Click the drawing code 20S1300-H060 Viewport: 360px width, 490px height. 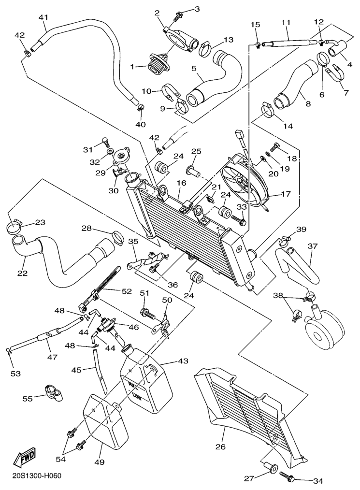37,476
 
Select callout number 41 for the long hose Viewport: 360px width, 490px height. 44,18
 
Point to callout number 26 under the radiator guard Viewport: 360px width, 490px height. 220,447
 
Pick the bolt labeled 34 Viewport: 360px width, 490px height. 287,477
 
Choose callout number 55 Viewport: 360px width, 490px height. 29,398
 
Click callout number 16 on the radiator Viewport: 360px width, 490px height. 181,184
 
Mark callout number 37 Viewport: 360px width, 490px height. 313,246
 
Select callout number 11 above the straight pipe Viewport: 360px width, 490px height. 286,23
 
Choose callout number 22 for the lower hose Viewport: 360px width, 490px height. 22,273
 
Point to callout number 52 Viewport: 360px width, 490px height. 126,291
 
